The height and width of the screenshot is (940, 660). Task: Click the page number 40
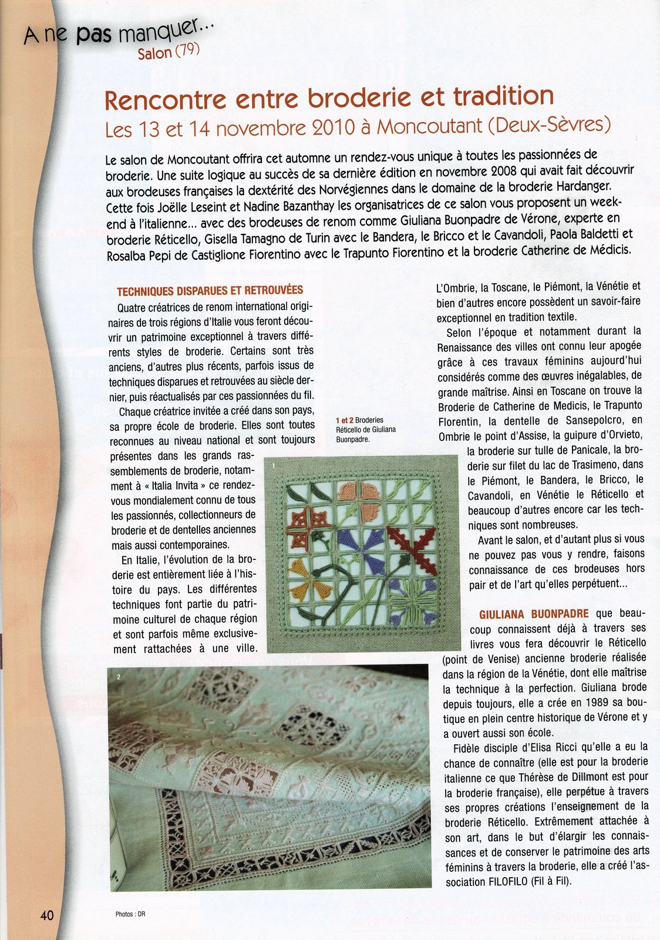click(x=47, y=915)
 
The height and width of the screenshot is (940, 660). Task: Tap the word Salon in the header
click(x=154, y=53)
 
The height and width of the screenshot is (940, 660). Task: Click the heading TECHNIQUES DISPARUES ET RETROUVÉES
click(x=210, y=291)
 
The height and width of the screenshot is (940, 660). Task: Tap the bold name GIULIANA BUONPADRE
click(x=534, y=614)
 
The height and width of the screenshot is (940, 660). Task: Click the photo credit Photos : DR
click(x=130, y=914)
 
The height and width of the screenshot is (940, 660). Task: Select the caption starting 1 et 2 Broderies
click(x=365, y=429)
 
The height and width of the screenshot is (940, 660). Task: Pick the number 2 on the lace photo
click(x=119, y=677)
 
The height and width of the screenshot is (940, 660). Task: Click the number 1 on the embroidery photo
click(x=273, y=464)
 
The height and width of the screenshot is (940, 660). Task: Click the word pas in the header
click(x=93, y=36)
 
